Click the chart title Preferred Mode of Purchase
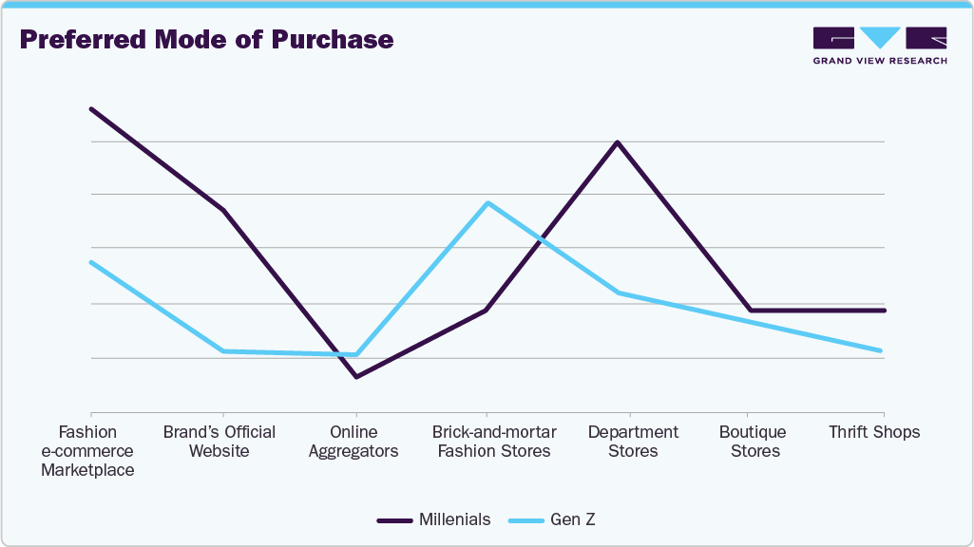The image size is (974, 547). click(206, 40)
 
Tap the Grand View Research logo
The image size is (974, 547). click(879, 45)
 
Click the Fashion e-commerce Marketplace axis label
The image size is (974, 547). click(87, 450)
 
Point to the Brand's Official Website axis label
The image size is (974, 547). click(220, 441)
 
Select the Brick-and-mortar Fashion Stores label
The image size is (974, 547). click(494, 441)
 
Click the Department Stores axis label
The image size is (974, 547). click(633, 441)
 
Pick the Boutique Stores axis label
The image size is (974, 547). click(753, 441)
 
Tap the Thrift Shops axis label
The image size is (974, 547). click(874, 432)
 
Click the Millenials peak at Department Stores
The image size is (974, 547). click(618, 142)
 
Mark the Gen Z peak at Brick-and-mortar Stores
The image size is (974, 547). click(487, 203)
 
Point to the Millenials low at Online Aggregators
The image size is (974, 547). click(356, 377)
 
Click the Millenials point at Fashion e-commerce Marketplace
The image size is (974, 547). click(91, 109)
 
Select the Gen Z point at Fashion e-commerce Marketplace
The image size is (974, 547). click(91, 262)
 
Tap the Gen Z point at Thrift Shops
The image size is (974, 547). click(882, 351)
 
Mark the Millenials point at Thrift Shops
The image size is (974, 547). click(884, 311)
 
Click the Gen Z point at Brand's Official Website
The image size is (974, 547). click(223, 351)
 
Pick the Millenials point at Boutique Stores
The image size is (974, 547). click(751, 311)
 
